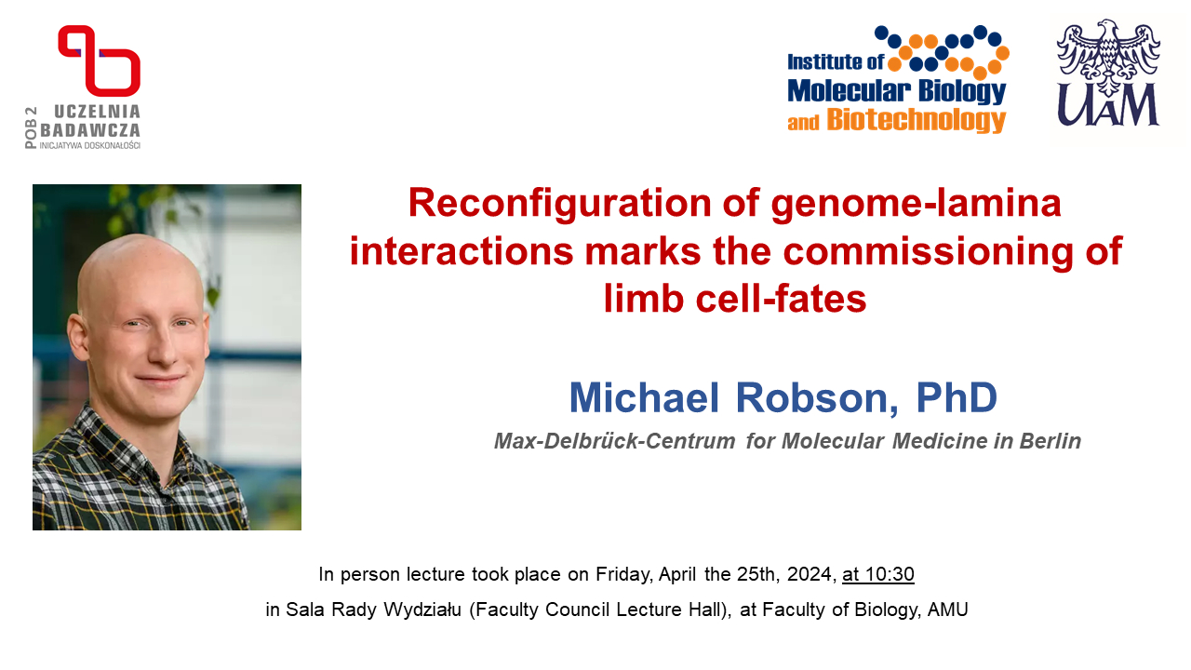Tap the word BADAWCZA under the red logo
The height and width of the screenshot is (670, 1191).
[x=90, y=130]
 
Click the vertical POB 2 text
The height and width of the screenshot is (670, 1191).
[x=31, y=127]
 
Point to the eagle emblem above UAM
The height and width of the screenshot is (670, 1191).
[x=1108, y=58]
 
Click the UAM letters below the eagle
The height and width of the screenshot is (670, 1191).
[x=1108, y=105]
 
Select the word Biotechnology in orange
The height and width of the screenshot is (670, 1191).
[x=917, y=121]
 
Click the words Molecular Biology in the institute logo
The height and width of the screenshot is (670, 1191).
[x=896, y=91]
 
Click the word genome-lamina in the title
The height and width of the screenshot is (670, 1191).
[x=917, y=204]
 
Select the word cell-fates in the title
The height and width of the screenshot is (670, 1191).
[x=781, y=299]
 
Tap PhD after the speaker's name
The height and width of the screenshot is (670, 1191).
[x=957, y=396]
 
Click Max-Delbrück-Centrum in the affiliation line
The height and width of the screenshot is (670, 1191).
[x=615, y=441]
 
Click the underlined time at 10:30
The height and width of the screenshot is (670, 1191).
[x=878, y=574]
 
